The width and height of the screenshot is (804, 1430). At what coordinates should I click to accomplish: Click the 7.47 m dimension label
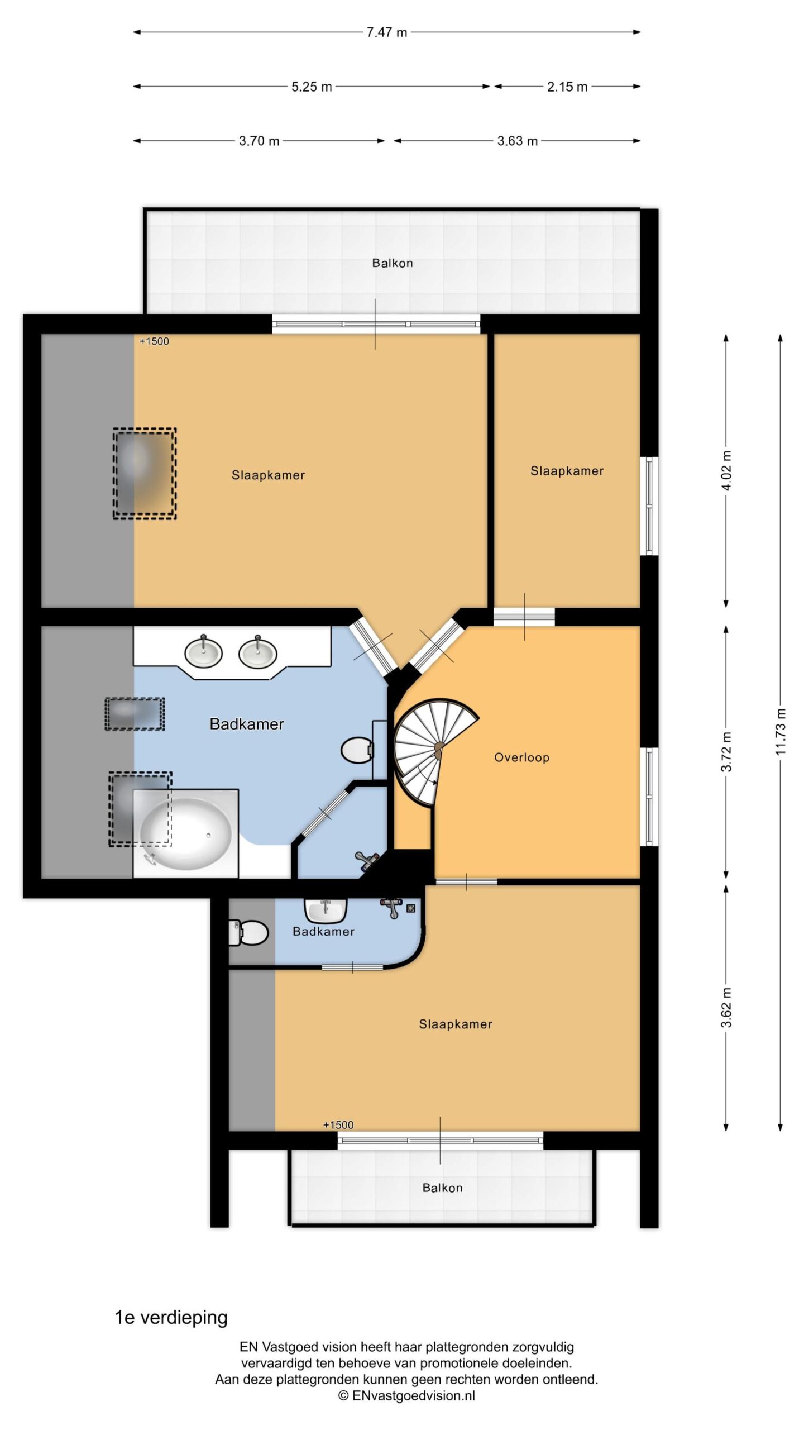point(386,32)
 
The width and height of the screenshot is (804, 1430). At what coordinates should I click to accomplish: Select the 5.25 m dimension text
point(312,87)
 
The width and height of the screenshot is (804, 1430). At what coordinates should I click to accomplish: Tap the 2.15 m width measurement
point(567,87)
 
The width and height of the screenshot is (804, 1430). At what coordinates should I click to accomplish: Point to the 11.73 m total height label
point(781,732)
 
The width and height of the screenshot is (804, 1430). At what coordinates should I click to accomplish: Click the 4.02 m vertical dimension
point(726,470)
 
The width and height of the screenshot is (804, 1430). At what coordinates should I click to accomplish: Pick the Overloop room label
point(521,757)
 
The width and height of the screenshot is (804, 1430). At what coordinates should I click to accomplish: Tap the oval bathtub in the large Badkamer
point(186,834)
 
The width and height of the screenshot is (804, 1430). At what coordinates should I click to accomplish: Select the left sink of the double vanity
point(203,652)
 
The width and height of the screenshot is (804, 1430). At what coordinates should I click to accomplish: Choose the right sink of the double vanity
point(257,652)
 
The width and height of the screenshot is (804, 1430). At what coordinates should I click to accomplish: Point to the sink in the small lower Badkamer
point(326,911)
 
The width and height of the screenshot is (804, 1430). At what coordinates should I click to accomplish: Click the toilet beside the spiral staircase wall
point(357,751)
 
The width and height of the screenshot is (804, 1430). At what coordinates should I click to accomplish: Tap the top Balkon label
point(393,263)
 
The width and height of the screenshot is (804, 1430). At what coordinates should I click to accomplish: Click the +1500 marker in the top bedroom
point(154,341)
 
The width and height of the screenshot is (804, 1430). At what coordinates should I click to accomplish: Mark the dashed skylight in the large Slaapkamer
point(145,474)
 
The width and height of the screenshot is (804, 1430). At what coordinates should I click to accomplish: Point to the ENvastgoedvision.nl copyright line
point(406,1395)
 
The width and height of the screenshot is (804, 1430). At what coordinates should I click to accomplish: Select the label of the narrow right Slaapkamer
point(567,471)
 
